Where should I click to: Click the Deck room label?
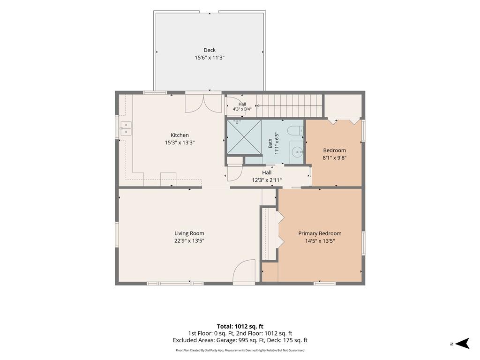[x=210, y=50]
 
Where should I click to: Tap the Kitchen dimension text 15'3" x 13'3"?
[x=180, y=142]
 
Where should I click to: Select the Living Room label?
[x=189, y=233]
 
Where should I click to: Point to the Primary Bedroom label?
[x=320, y=233]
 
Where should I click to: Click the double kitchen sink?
[x=126, y=128]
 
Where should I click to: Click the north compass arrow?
[x=462, y=344]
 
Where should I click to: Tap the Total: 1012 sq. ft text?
[x=240, y=326]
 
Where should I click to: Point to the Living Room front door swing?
[x=244, y=270]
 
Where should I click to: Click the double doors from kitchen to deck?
[x=203, y=104]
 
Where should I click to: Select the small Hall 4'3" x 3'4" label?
[x=242, y=106]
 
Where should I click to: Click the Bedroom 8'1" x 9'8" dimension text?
[x=335, y=158]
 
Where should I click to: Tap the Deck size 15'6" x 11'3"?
[x=210, y=58]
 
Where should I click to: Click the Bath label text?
[x=270, y=143]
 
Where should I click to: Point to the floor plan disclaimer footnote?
[x=240, y=350]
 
